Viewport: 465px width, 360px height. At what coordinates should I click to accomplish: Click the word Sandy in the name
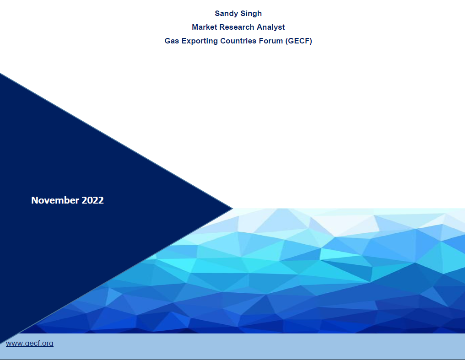click(226, 14)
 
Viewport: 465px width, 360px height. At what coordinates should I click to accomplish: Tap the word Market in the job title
click(205, 27)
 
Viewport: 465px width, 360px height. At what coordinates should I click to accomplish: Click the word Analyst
click(271, 27)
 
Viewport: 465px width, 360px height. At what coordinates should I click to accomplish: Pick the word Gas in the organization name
click(172, 41)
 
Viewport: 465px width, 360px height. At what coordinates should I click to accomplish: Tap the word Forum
click(272, 41)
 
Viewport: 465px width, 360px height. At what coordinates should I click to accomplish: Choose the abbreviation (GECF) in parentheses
click(298, 41)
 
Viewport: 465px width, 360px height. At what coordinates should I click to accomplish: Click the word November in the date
click(55, 200)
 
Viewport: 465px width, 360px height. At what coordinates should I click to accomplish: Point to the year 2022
click(92, 200)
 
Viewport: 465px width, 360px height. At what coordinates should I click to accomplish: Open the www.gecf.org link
click(30, 343)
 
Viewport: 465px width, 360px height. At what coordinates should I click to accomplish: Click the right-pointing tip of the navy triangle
click(231, 208)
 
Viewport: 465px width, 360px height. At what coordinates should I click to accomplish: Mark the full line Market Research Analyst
click(238, 27)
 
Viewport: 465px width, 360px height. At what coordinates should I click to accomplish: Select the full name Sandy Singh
click(238, 14)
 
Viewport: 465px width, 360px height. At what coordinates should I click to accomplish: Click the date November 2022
click(67, 200)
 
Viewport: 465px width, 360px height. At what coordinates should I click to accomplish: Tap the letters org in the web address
click(48, 343)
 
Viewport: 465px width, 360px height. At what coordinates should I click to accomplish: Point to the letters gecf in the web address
click(32, 343)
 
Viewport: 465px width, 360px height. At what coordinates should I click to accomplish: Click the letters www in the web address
click(13, 343)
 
